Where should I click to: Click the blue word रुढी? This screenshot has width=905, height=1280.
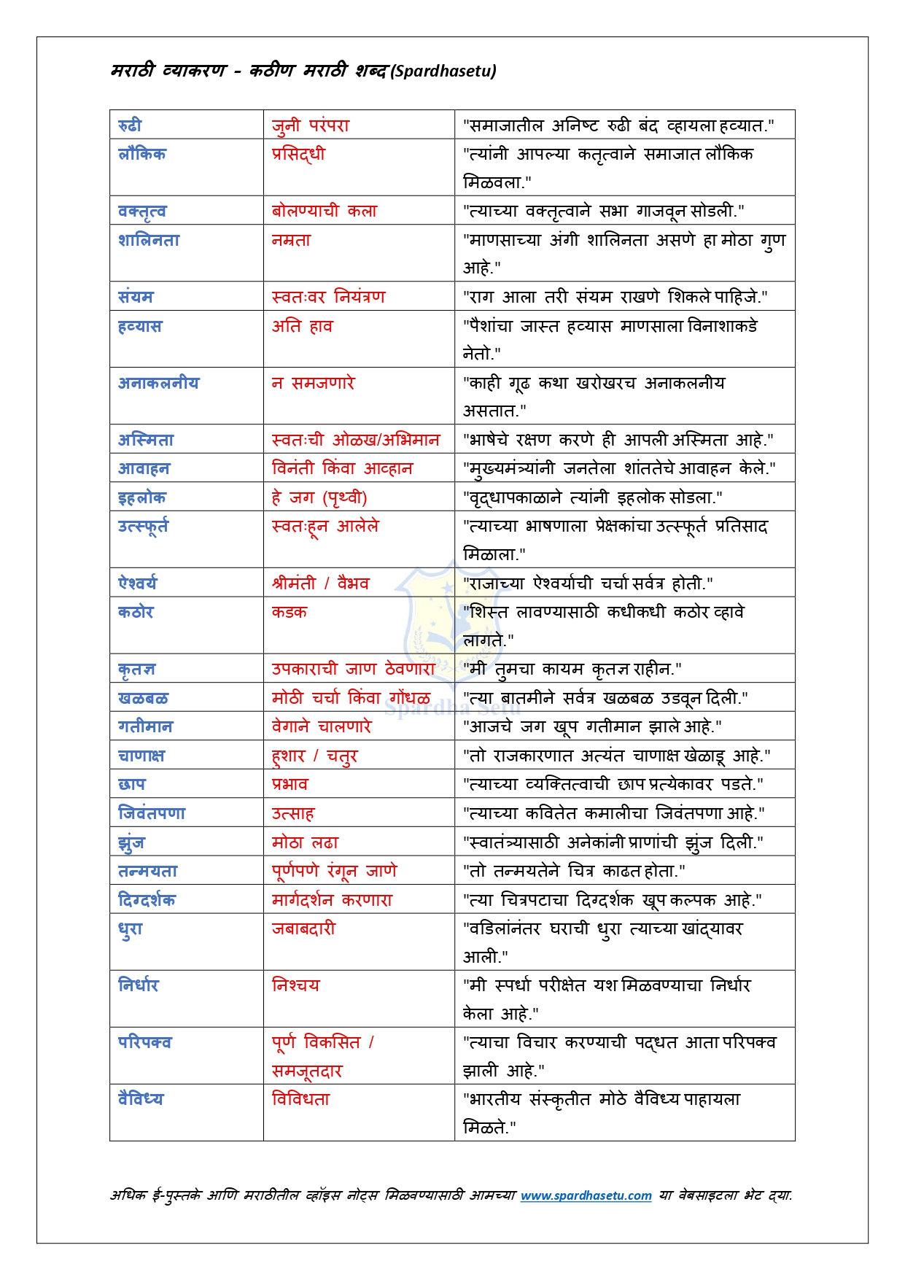(x=130, y=125)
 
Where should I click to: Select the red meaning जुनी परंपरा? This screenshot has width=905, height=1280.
(x=310, y=125)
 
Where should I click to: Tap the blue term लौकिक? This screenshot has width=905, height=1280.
(x=142, y=154)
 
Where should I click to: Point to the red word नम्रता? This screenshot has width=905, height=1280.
(x=291, y=240)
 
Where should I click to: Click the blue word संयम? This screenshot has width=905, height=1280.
(x=136, y=297)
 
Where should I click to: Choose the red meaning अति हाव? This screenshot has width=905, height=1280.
(x=302, y=326)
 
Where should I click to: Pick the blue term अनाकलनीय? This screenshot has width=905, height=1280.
(x=158, y=383)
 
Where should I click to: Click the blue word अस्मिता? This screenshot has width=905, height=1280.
(x=146, y=440)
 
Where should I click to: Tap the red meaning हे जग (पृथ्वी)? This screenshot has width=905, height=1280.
(x=319, y=497)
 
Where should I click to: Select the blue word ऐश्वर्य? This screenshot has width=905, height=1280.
(x=137, y=583)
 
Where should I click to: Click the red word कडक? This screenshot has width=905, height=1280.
(x=289, y=612)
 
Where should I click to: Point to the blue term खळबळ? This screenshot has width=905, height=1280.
(x=143, y=698)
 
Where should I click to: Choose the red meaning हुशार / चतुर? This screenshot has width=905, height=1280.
(x=314, y=756)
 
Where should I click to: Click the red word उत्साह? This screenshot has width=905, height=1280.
(x=292, y=813)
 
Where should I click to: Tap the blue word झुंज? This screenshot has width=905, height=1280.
(x=131, y=842)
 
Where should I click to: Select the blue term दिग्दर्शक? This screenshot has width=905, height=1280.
(x=147, y=900)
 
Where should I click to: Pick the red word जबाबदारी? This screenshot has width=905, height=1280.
(x=303, y=928)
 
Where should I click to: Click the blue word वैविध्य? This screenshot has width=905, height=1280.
(x=141, y=1099)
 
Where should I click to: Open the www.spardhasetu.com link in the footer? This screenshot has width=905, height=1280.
(x=586, y=1195)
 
